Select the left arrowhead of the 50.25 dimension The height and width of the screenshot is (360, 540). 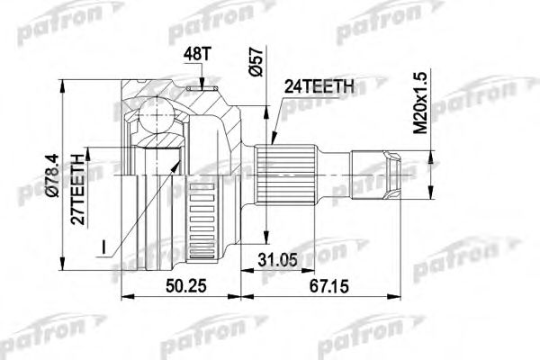pos(124,294)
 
